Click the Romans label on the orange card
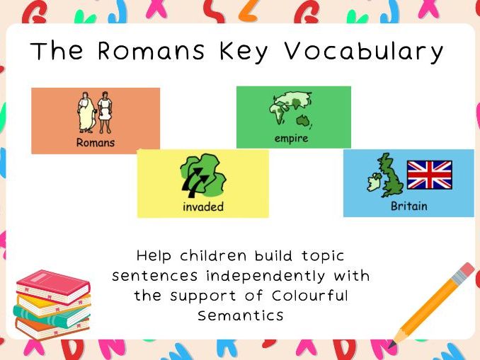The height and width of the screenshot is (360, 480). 96,143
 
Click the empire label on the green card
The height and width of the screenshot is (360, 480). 292,138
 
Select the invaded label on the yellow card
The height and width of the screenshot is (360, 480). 203,207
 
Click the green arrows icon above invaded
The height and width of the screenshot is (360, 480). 202,177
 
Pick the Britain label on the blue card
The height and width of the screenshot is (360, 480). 409,207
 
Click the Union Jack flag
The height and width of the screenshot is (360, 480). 429,175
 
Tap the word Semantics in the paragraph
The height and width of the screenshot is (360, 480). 241,315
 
